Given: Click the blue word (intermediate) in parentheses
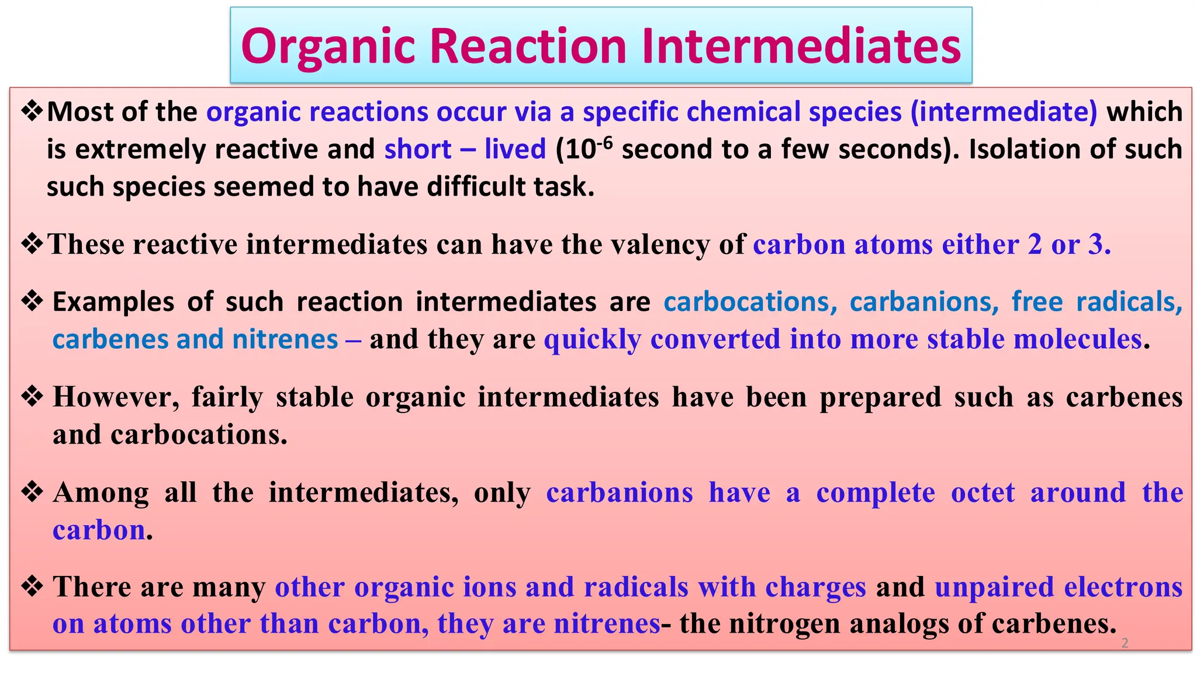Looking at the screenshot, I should click(x=1004, y=112).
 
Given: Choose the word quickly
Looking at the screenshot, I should click(x=592, y=339).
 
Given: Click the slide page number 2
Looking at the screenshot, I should click(x=1125, y=643).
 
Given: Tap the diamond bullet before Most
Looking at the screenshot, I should click(x=32, y=111).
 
